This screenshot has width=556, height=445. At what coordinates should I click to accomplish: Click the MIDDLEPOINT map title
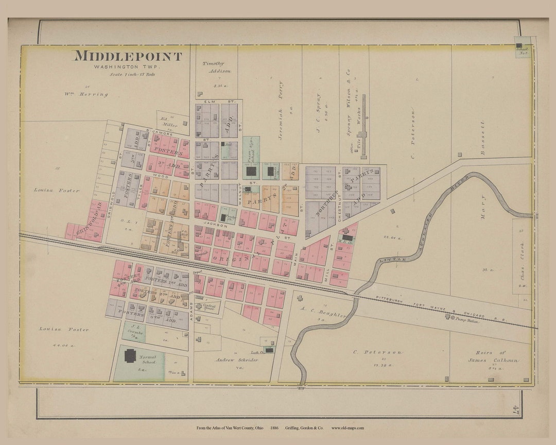[x=128, y=56]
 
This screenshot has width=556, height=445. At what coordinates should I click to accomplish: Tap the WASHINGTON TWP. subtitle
[x=128, y=67]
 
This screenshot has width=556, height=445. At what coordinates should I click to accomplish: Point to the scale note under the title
[x=132, y=74]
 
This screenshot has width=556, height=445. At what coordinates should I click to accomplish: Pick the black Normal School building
[x=130, y=355]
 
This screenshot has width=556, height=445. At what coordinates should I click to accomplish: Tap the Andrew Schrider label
[x=236, y=360]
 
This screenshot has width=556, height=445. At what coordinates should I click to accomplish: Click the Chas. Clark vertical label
[x=522, y=258]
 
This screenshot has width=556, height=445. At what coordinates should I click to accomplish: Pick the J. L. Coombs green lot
[x=134, y=333]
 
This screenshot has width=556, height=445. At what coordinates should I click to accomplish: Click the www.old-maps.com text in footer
[x=347, y=428]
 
